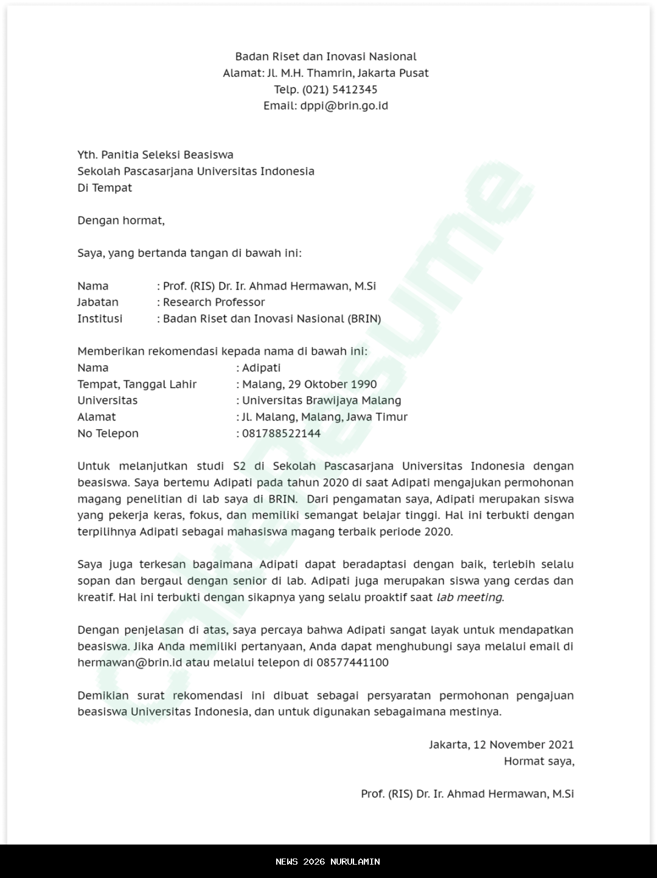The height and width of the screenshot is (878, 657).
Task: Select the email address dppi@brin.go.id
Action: click(x=344, y=106)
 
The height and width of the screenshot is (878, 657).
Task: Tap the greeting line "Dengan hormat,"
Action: click(x=121, y=220)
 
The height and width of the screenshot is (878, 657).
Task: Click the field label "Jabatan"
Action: click(x=97, y=302)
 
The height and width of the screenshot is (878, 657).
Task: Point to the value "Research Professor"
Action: click(x=214, y=302)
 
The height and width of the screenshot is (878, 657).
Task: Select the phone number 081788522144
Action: click(x=281, y=434)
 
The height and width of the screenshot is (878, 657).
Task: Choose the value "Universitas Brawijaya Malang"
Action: click(x=321, y=401)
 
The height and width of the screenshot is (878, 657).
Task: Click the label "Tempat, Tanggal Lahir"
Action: click(x=137, y=385)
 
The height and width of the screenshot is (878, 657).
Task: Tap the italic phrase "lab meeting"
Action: click(x=469, y=598)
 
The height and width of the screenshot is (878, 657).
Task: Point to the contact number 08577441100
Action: click(x=352, y=663)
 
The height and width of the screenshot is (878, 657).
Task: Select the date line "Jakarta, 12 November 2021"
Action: click(x=501, y=745)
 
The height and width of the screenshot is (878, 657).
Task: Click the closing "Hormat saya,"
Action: click(x=538, y=761)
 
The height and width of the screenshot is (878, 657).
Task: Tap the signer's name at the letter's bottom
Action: click(x=467, y=794)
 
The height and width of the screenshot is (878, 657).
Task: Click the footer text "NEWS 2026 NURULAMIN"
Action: click(x=328, y=862)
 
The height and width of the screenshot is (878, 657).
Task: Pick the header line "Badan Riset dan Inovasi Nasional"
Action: click(x=325, y=57)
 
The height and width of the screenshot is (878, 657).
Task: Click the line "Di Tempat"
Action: click(x=105, y=188)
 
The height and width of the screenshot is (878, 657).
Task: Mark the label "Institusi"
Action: click(x=100, y=319)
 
